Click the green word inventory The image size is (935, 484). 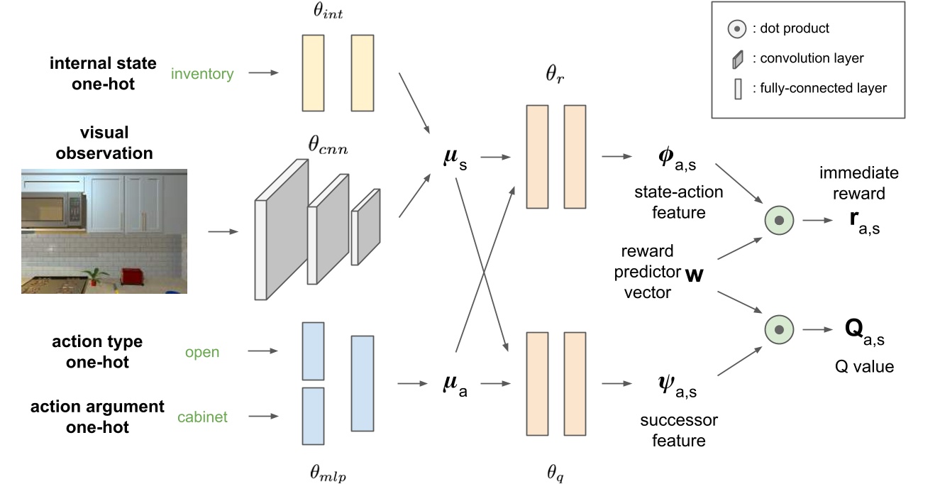[x=202, y=73]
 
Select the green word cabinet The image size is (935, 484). [x=202, y=417]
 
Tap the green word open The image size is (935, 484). [x=202, y=352]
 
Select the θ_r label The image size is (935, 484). [x=555, y=76]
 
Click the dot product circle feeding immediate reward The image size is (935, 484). [x=778, y=221]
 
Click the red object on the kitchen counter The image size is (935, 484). [x=131, y=275]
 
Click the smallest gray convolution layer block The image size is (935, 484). [x=365, y=227]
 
